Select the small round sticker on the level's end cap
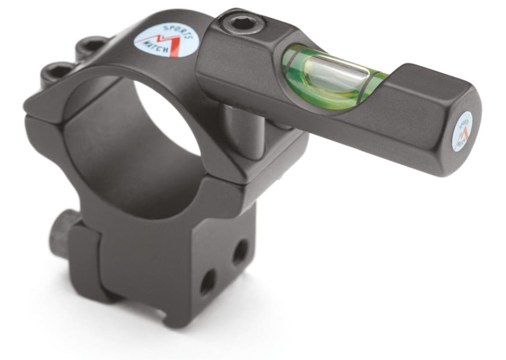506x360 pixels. tap(462, 131)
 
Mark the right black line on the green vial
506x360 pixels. tap(369, 84)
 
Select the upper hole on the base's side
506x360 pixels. tap(241, 251)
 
